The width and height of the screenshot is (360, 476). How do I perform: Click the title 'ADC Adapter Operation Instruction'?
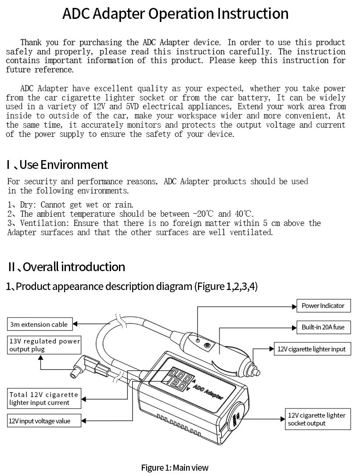coord(175,14)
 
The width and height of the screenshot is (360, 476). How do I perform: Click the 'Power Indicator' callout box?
coord(323,306)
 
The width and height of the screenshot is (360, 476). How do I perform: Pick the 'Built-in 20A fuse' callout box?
coord(323,327)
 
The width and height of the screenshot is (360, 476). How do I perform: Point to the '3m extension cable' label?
coord(39,325)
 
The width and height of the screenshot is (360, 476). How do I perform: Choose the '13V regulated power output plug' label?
coord(44,345)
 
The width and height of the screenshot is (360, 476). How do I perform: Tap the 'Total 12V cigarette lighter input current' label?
coord(44,398)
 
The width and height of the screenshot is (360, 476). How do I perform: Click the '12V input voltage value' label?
coord(39,421)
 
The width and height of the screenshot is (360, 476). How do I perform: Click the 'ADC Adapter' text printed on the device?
coord(208,390)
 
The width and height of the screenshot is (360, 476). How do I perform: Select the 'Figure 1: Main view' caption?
coord(175,467)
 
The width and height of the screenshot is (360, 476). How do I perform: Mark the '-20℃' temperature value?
coord(204,214)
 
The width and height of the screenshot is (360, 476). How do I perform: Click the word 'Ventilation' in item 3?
coord(44,223)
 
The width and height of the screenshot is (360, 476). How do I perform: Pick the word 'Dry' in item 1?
coord(28,205)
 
